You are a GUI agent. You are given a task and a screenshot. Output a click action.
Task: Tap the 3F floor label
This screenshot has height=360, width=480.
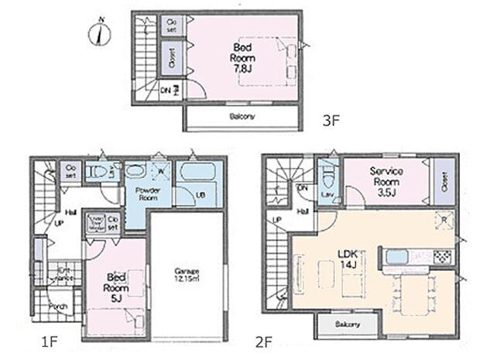point(331,121)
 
